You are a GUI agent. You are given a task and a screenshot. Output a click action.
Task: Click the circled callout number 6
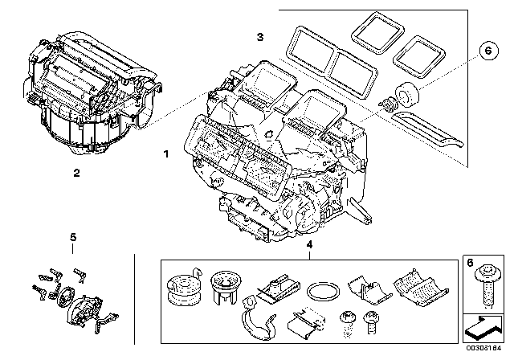click(x=485, y=50)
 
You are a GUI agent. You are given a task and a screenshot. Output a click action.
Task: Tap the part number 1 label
click(x=165, y=152)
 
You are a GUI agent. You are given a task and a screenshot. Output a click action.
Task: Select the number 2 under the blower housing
click(x=75, y=172)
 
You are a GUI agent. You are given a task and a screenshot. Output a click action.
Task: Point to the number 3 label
click(x=259, y=37)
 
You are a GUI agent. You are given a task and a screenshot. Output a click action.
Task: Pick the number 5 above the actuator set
click(x=72, y=237)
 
